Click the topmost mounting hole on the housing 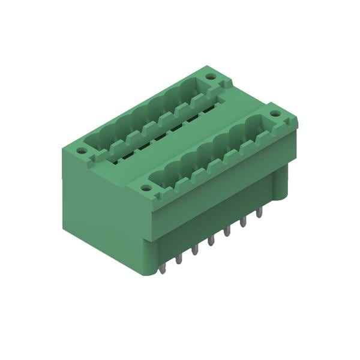click(210, 77)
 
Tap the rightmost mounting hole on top click(275, 113)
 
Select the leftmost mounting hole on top click(82, 151)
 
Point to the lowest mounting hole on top click(146, 188)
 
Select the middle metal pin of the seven click(211, 241)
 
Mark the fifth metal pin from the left click(227, 232)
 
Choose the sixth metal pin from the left click(244, 223)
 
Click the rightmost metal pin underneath click(259, 214)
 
